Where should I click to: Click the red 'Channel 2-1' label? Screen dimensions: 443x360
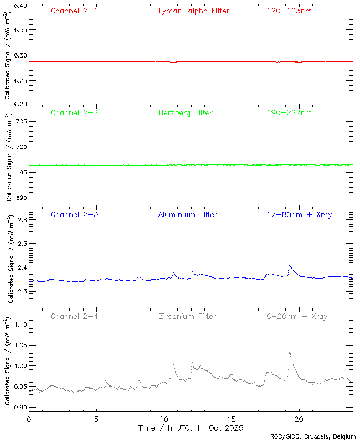(74, 11)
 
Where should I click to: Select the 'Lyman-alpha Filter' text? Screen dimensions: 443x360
(193, 11)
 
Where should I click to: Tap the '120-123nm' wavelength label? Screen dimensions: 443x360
(289, 11)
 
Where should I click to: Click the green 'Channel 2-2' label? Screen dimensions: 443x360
(74, 112)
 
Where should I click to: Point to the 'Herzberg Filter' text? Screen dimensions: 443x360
(185, 112)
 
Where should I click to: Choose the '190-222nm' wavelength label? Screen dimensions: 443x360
(289, 112)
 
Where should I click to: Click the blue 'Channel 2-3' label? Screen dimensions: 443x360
(74, 214)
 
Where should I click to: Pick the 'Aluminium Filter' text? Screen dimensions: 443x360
(187, 214)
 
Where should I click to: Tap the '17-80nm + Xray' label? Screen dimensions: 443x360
(299, 214)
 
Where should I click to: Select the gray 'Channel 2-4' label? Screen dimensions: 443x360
(74, 316)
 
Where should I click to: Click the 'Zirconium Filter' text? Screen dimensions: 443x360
(187, 316)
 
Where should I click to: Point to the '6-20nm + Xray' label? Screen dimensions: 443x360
(296, 316)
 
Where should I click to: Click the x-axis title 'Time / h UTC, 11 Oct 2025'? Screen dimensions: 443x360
(191, 428)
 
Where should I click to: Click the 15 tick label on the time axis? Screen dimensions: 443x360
(231, 419)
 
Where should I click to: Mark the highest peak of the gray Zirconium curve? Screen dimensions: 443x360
(289, 352)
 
